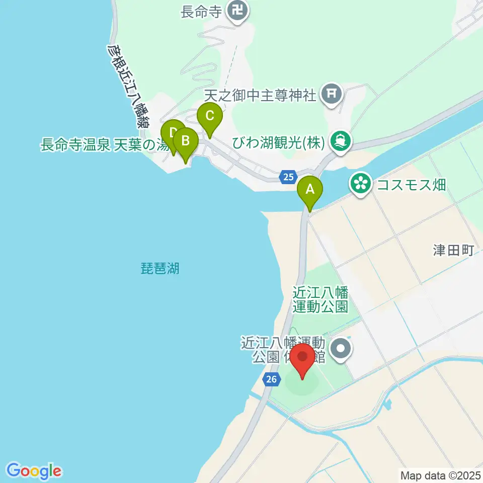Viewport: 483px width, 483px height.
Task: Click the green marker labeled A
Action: tap(310, 190)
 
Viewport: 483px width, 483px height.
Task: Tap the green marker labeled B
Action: tap(185, 141)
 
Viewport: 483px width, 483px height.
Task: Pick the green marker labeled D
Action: tap(173, 133)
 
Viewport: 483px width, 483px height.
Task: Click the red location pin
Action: tap(303, 358)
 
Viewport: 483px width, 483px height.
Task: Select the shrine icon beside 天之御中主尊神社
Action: tap(332, 94)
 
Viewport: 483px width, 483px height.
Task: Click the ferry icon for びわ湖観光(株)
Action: tap(341, 141)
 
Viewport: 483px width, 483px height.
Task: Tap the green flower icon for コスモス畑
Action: tap(360, 183)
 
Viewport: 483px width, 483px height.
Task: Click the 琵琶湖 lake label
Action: tap(160, 268)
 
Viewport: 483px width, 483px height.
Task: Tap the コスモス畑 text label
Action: tap(412, 184)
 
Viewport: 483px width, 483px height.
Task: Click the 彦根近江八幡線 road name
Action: tap(128, 86)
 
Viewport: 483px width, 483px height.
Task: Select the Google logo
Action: tap(34, 471)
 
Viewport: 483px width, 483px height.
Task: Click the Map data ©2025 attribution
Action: tap(440, 475)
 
